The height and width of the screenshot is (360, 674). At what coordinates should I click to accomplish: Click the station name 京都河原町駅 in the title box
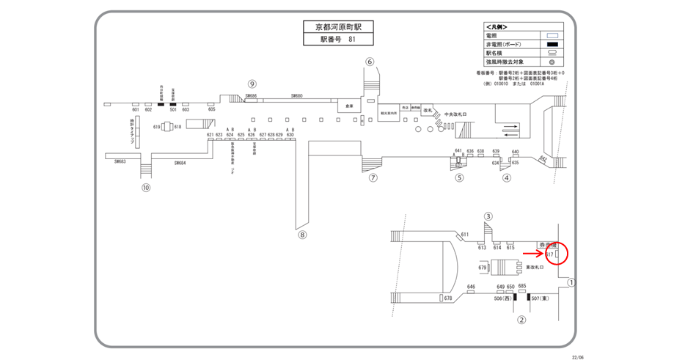(x=338, y=26)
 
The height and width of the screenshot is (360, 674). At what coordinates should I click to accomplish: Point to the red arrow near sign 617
(x=532, y=254)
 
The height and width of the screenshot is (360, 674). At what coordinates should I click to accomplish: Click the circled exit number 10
(x=146, y=187)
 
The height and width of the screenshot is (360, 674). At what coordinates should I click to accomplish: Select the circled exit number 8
(x=301, y=235)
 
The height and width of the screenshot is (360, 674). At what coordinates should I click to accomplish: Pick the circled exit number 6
(x=370, y=62)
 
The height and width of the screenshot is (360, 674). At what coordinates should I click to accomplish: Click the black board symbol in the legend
(x=554, y=44)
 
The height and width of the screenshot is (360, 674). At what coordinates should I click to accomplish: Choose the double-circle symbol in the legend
(x=554, y=62)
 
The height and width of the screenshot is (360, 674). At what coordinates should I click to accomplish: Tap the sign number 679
(x=483, y=268)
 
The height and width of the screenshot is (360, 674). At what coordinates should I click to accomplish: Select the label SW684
(x=180, y=163)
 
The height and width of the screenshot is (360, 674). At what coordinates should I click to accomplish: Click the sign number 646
(x=471, y=287)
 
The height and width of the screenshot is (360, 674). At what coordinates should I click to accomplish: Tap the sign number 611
(x=464, y=235)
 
